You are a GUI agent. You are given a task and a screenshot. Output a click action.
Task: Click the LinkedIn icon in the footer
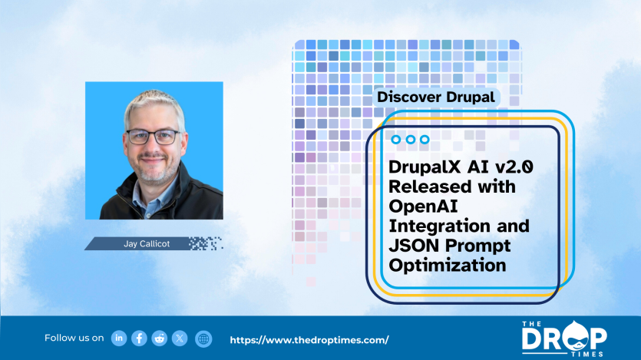[x=119, y=339]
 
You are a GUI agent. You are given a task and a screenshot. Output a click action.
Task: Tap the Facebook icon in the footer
[x=139, y=339]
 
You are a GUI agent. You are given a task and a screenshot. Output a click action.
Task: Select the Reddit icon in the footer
[x=160, y=339]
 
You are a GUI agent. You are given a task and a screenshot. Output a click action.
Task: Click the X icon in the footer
[x=180, y=339]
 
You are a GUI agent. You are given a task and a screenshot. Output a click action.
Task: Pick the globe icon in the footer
[x=203, y=339]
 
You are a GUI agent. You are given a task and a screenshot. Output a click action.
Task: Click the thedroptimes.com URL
[x=309, y=339]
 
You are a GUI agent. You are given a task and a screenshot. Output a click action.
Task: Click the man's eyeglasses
[x=153, y=137]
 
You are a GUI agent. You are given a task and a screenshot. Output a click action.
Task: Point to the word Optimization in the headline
[x=448, y=266]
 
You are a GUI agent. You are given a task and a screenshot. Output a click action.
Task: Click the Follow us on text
[x=74, y=339]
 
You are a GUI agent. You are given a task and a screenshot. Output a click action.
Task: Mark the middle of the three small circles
[x=411, y=140]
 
